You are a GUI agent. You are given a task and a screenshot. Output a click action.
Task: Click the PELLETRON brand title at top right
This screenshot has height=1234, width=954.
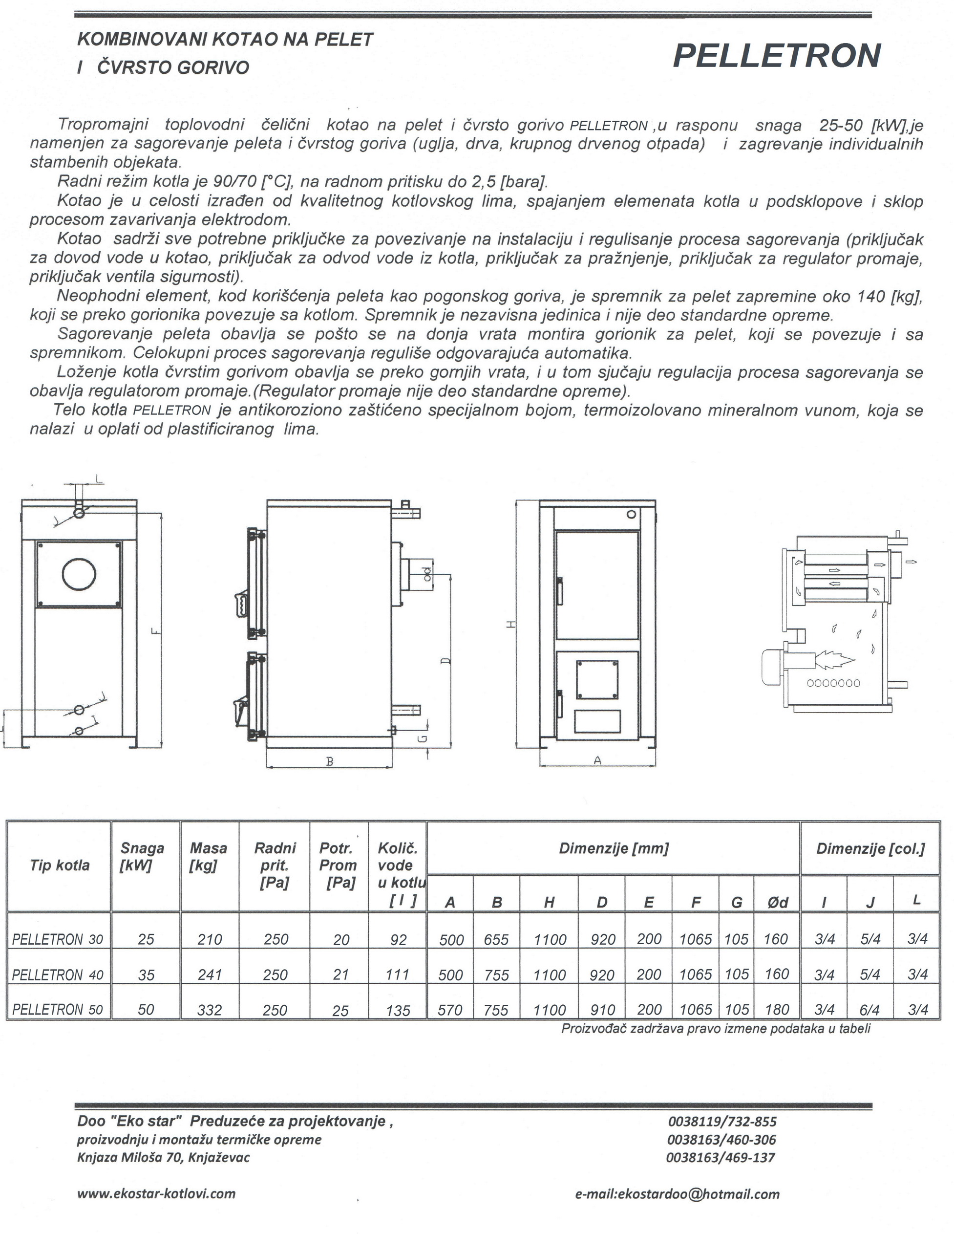(x=777, y=56)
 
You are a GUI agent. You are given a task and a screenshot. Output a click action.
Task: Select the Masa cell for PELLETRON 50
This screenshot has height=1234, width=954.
(x=210, y=1010)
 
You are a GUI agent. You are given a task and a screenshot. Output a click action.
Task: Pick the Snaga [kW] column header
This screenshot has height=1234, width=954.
(x=142, y=857)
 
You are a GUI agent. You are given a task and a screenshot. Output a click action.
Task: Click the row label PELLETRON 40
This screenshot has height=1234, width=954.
(x=58, y=974)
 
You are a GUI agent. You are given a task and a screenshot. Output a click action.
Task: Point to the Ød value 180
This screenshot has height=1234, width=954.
(x=777, y=1009)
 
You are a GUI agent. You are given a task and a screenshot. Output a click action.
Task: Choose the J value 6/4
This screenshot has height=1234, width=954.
(x=870, y=1010)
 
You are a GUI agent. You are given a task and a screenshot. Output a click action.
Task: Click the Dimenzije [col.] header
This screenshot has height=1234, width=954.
(x=870, y=849)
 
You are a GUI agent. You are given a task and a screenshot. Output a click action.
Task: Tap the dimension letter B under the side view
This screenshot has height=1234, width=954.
(x=330, y=761)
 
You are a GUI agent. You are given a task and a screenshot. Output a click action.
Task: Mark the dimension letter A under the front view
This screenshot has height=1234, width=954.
(x=597, y=760)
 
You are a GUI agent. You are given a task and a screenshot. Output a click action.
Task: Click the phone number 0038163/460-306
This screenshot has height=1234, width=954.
(x=721, y=1140)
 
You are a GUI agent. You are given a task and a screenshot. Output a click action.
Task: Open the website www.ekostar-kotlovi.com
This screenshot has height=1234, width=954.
(x=156, y=1193)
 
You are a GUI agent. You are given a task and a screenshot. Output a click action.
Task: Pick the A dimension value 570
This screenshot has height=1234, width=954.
(x=450, y=1010)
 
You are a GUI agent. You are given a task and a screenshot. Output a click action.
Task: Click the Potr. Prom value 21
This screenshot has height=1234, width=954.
(x=340, y=974)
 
